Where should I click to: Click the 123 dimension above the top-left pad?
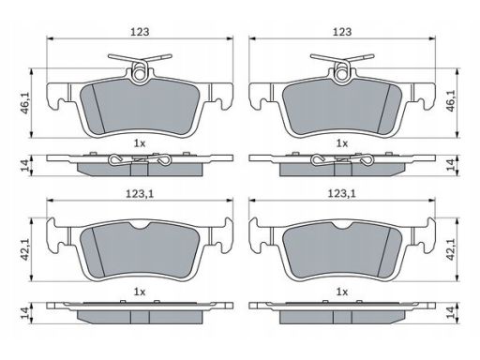(140, 32)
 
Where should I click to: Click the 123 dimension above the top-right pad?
(342, 32)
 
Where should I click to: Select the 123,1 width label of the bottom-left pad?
(140, 194)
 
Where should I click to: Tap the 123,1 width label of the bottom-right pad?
(342, 194)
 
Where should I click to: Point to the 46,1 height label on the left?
(24, 103)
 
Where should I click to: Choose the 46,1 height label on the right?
(451, 100)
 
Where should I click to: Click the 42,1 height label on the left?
(24, 249)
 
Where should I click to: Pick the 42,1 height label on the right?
(451, 249)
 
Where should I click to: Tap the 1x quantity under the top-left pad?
(140, 143)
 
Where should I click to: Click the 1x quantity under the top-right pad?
(342, 143)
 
